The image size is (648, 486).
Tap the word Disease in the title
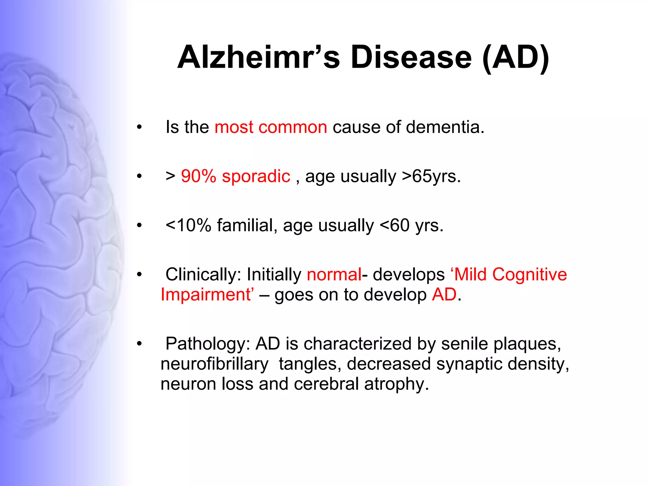point(411,57)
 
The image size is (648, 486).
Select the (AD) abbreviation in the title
point(516,57)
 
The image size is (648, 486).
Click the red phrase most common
point(271,127)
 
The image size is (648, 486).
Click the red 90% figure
point(198,176)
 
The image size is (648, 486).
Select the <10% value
point(188,225)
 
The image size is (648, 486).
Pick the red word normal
point(334,274)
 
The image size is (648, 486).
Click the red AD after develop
point(444,295)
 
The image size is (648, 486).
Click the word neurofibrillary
point(215,364)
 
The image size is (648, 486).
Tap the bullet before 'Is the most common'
point(139,128)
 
